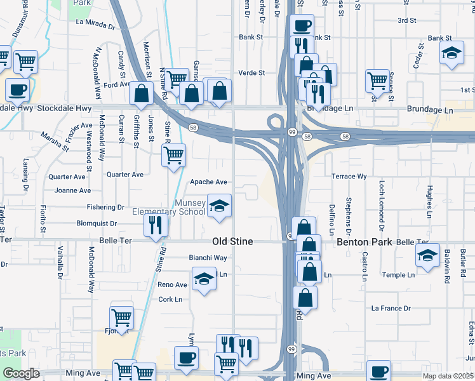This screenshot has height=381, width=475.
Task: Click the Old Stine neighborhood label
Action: click(x=232, y=242)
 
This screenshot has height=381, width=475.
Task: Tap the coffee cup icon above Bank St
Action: click(x=302, y=26)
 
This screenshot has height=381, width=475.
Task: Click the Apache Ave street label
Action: click(x=209, y=182)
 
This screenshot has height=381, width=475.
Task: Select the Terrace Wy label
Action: click(x=349, y=176)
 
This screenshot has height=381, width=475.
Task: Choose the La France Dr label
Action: click(x=392, y=309)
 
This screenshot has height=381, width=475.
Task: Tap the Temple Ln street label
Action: click(x=398, y=275)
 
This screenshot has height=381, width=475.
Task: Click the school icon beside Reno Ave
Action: click(x=204, y=280)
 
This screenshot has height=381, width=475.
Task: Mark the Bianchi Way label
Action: click(x=208, y=258)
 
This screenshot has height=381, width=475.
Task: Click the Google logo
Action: click(x=21, y=373)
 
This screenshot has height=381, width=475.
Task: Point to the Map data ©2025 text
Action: click(x=447, y=376)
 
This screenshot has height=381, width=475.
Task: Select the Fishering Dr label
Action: click(x=106, y=207)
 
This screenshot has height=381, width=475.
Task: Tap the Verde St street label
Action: click(x=251, y=73)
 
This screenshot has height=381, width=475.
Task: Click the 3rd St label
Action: click(x=406, y=20)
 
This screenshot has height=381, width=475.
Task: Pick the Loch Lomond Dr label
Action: click(x=382, y=205)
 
